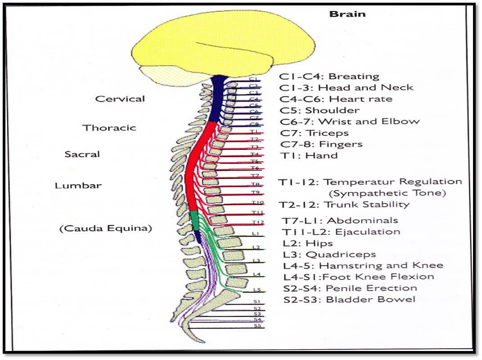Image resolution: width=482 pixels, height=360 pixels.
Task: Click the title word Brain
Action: point(347,13)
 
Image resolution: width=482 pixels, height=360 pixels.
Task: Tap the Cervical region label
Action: point(120,99)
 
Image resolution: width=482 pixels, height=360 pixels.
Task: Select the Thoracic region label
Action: point(109,127)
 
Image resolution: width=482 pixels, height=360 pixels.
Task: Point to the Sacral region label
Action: point(82,154)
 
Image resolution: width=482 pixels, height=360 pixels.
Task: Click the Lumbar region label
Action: point(78,185)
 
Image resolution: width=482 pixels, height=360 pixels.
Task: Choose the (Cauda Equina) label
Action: point(106,228)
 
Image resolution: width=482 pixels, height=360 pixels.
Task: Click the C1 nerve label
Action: point(253,79)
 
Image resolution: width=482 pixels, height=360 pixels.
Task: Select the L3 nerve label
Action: point(256,261)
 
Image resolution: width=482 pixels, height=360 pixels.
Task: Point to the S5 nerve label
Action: point(257,325)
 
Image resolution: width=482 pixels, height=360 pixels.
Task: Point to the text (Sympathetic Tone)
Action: point(387,193)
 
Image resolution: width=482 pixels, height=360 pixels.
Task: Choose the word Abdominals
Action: point(362,220)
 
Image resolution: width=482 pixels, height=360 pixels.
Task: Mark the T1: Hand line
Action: point(308,155)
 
